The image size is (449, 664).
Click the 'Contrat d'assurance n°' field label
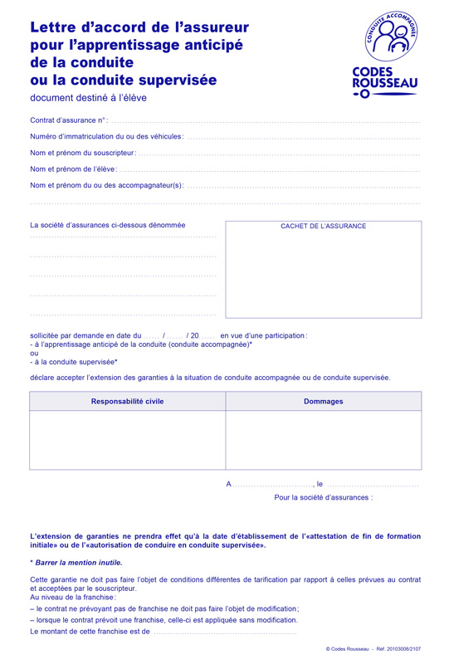click(69, 121)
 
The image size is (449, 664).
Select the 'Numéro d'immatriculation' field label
click(106, 137)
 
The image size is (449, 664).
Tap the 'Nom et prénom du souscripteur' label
click(82, 154)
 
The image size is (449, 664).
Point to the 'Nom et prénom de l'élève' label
click(74, 169)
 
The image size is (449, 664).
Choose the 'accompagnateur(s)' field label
click(106, 186)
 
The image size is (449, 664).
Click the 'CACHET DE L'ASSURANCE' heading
click(323, 227)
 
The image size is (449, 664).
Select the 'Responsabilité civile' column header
click(127, 402)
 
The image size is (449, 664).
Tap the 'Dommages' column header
click(323, 402)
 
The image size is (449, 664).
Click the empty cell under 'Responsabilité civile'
click(127, 440)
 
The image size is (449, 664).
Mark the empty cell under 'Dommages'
click(323, 440)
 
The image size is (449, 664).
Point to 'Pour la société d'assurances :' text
click(323, 498)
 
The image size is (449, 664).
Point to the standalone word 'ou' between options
click(34, 353)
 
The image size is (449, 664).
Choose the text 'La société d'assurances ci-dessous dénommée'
click(108, 225)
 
